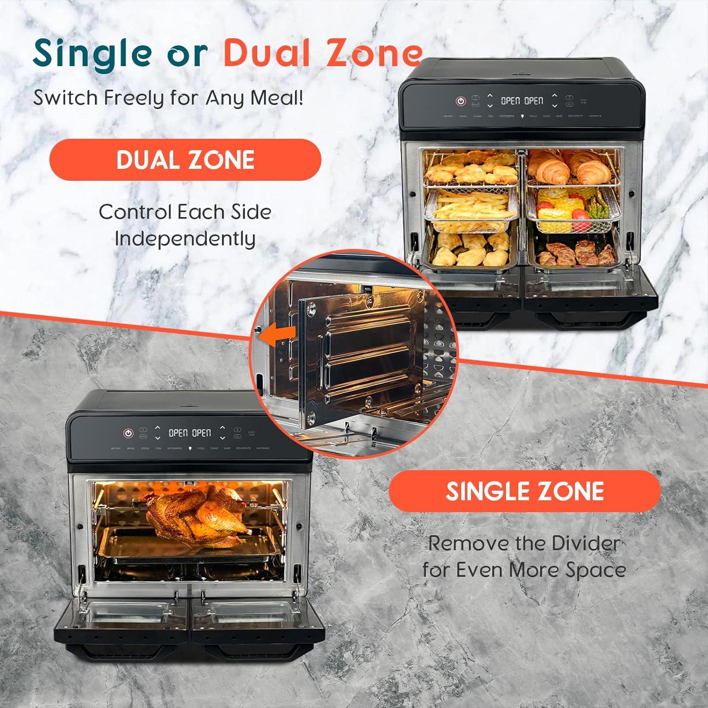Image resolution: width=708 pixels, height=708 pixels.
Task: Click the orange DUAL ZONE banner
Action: (x=185, y=160)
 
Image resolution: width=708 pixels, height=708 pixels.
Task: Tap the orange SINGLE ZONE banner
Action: (x=524, y=491)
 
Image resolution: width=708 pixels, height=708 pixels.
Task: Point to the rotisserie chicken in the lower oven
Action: (x=197, y=511)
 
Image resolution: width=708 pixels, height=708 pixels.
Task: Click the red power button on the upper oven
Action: (x=461, y=101)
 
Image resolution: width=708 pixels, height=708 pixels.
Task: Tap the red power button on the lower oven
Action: (x=128, y=433)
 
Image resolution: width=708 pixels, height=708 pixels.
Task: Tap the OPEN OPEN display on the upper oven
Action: (x=522, y=101)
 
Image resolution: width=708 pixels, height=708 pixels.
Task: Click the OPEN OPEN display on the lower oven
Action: (x=190, y=433)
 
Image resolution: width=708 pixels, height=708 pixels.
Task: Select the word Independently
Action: (x=185, y=238)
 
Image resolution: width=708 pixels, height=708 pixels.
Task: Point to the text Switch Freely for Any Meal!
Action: (x=168, y=98)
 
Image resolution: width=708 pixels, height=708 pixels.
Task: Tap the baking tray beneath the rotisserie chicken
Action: (x=189, y=543)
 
